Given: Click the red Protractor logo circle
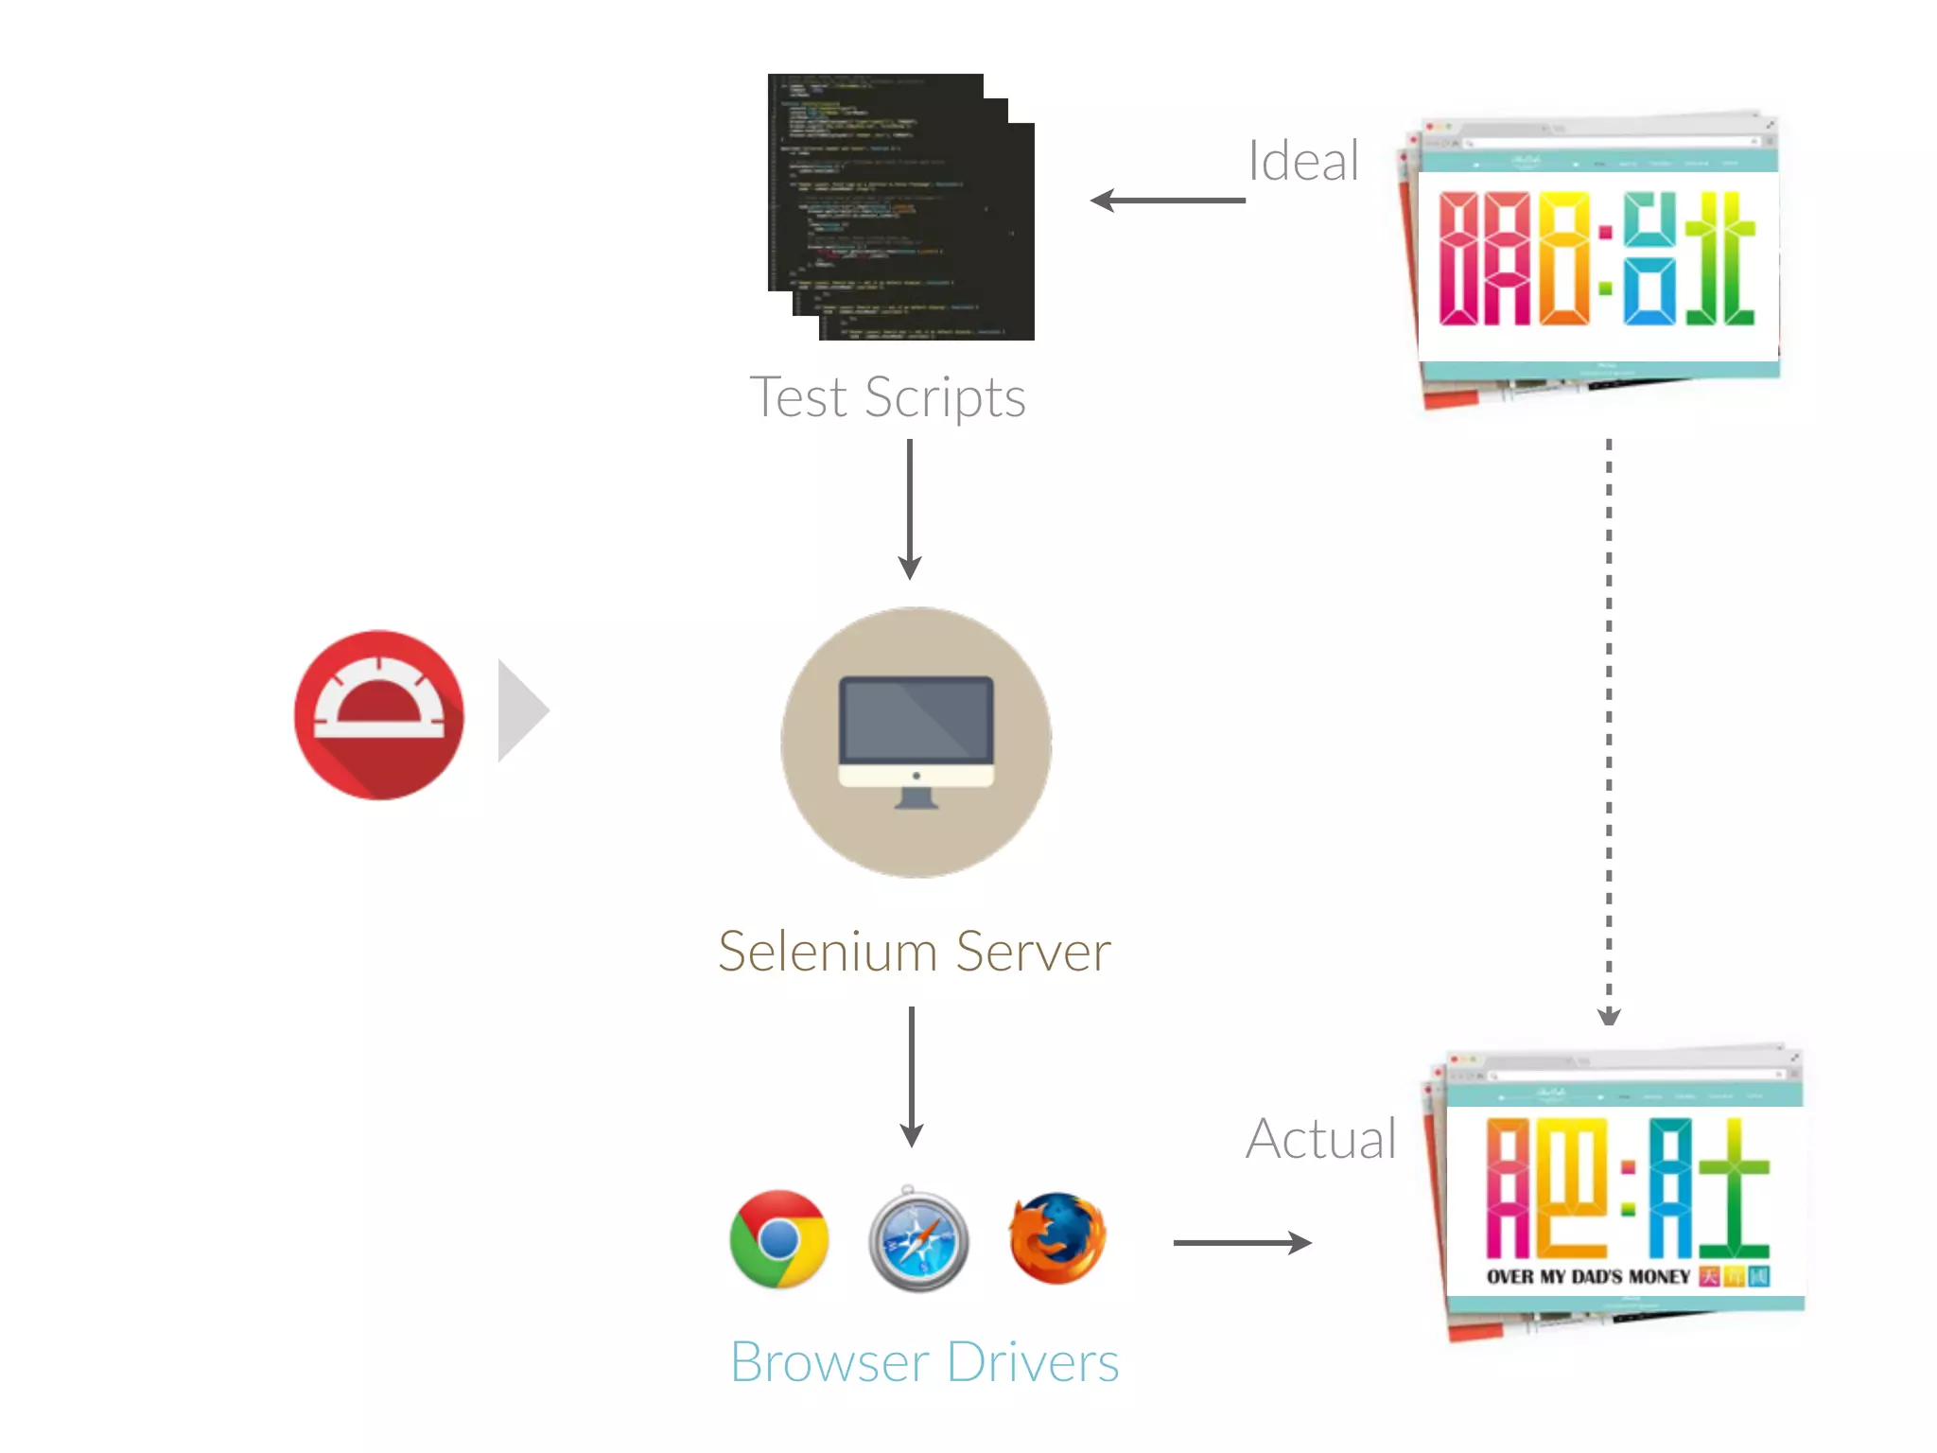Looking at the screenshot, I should [379, 715].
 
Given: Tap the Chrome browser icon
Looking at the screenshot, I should [779, 1239].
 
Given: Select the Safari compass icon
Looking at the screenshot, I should [918, 1240].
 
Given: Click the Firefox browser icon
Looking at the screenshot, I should [1057, 1238].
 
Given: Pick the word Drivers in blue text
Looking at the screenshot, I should [1033, 1363].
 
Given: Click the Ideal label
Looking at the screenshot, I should [1303, 161].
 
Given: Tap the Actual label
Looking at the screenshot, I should [1321, 1139].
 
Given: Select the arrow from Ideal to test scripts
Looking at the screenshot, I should [1167, 201].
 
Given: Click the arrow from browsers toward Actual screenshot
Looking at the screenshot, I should [1241, 1243].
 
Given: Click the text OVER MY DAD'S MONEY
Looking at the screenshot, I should [1588, 1277].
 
